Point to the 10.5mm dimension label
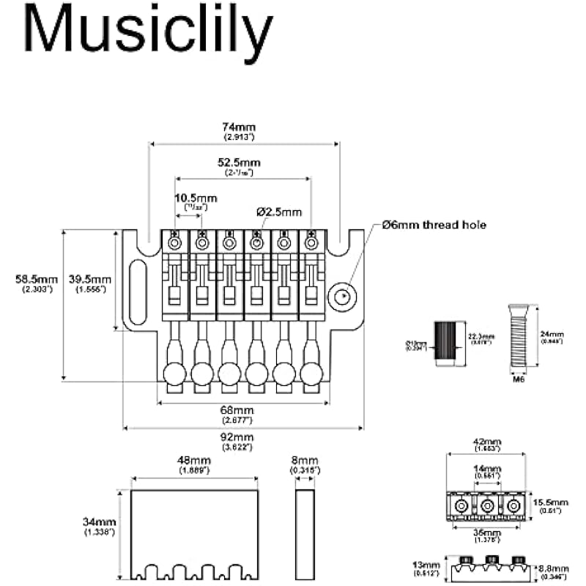pos(196,199)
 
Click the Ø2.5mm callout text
pos(279,212)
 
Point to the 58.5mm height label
pos(37,280)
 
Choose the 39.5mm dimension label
pos(89,280)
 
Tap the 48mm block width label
pos(195,461)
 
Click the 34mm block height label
pos(100,522)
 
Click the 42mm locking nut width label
pos(486,443)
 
